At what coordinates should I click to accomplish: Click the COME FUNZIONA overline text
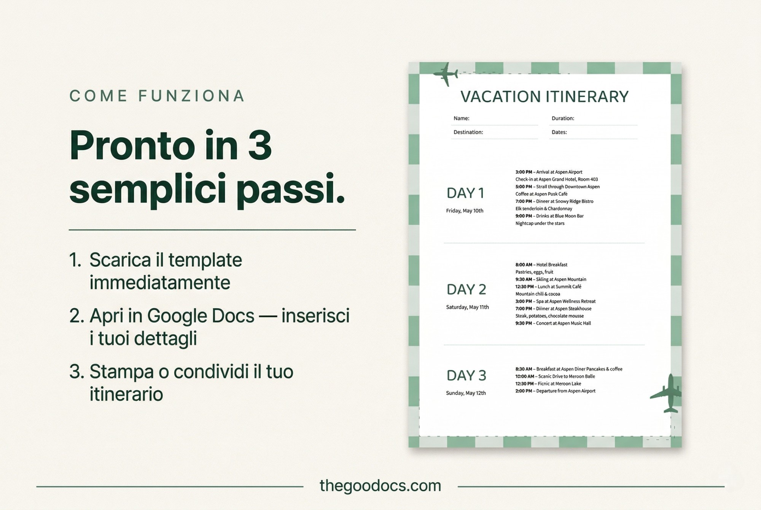[x=157, y=96]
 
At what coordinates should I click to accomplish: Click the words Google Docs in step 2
[x=201, y=316]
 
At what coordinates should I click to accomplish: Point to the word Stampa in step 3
[x=121, y=371]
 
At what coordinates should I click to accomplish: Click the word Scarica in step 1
[x=120, y=260]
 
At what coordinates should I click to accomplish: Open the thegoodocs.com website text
[x=380, y=486]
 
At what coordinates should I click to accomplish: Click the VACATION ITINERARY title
[x=544, y=97]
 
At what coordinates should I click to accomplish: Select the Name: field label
[x=461, y=118]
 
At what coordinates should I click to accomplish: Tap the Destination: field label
[x=468, y=132]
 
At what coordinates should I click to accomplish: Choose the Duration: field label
[x=563, y=118]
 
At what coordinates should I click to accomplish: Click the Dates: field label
[x=559, y=132]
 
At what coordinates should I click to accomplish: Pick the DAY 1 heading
[x=465, y=193]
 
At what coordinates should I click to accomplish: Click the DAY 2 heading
[x=466, y=290]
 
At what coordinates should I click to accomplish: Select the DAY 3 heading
[x=466, y=375]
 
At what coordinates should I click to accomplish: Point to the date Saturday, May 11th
[x=467, y=307]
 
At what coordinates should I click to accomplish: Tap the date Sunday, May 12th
[x=466, y=393]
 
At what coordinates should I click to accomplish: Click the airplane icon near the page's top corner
[x=446, y=74]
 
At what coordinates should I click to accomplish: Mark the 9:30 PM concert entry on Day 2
[x=553, y=323]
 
